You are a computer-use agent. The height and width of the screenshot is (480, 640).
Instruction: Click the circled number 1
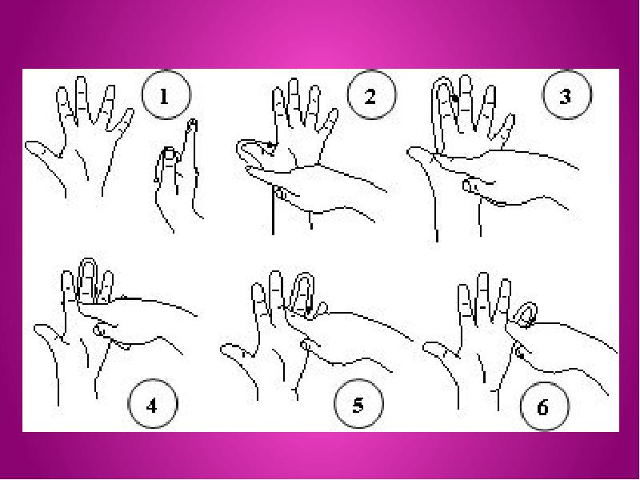pyautogui.click(x=166, y=94)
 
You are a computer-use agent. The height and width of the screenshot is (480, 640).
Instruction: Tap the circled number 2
pyautogui.click(x=371, y=94)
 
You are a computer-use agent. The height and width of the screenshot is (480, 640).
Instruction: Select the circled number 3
pyautogui.click(x=566, y=94)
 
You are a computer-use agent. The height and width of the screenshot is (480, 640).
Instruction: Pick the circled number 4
pyautogui.click(x=153, y=404)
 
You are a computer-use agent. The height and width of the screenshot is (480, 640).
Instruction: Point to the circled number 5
pyautogui.click(x=358, y=404)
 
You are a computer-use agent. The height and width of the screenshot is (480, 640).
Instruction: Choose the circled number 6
pyautogui.click(x=544, y=406)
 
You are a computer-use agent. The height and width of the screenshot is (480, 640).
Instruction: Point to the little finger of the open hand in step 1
pyautogui.click(x=123, y=121)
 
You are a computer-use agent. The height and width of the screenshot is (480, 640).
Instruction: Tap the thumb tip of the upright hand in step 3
pyautogui.click(x=413, y=152)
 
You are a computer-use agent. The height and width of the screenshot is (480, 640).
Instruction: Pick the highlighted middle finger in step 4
pyautogui.click(x=88, y=280)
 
